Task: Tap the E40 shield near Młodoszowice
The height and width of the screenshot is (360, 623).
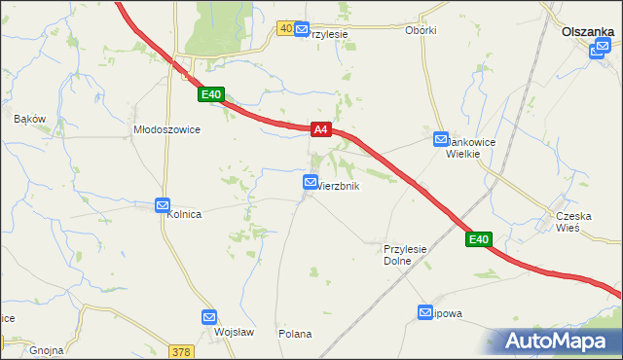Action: coord(211,94)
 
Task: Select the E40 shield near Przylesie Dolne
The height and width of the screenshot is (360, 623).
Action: coord(477,239)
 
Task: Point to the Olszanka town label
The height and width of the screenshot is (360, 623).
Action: coord(587,31)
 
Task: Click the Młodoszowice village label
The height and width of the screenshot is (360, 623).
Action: coord(166,129)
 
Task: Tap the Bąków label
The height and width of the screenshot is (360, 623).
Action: coord(30,119)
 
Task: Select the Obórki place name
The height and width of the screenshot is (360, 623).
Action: coord(421,30)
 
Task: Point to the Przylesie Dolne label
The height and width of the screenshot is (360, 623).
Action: coord(406,255)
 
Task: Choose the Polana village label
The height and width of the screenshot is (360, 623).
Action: coord(295,334)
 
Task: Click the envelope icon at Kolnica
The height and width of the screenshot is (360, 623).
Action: coord(163,205)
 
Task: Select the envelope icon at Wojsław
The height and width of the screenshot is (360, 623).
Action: coord(209,317)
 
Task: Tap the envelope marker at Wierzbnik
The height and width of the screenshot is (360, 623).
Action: coord(311,182)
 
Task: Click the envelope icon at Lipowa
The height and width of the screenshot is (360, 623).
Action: coord(425,312)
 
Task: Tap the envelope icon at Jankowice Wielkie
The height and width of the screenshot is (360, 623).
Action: coord(441,140)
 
